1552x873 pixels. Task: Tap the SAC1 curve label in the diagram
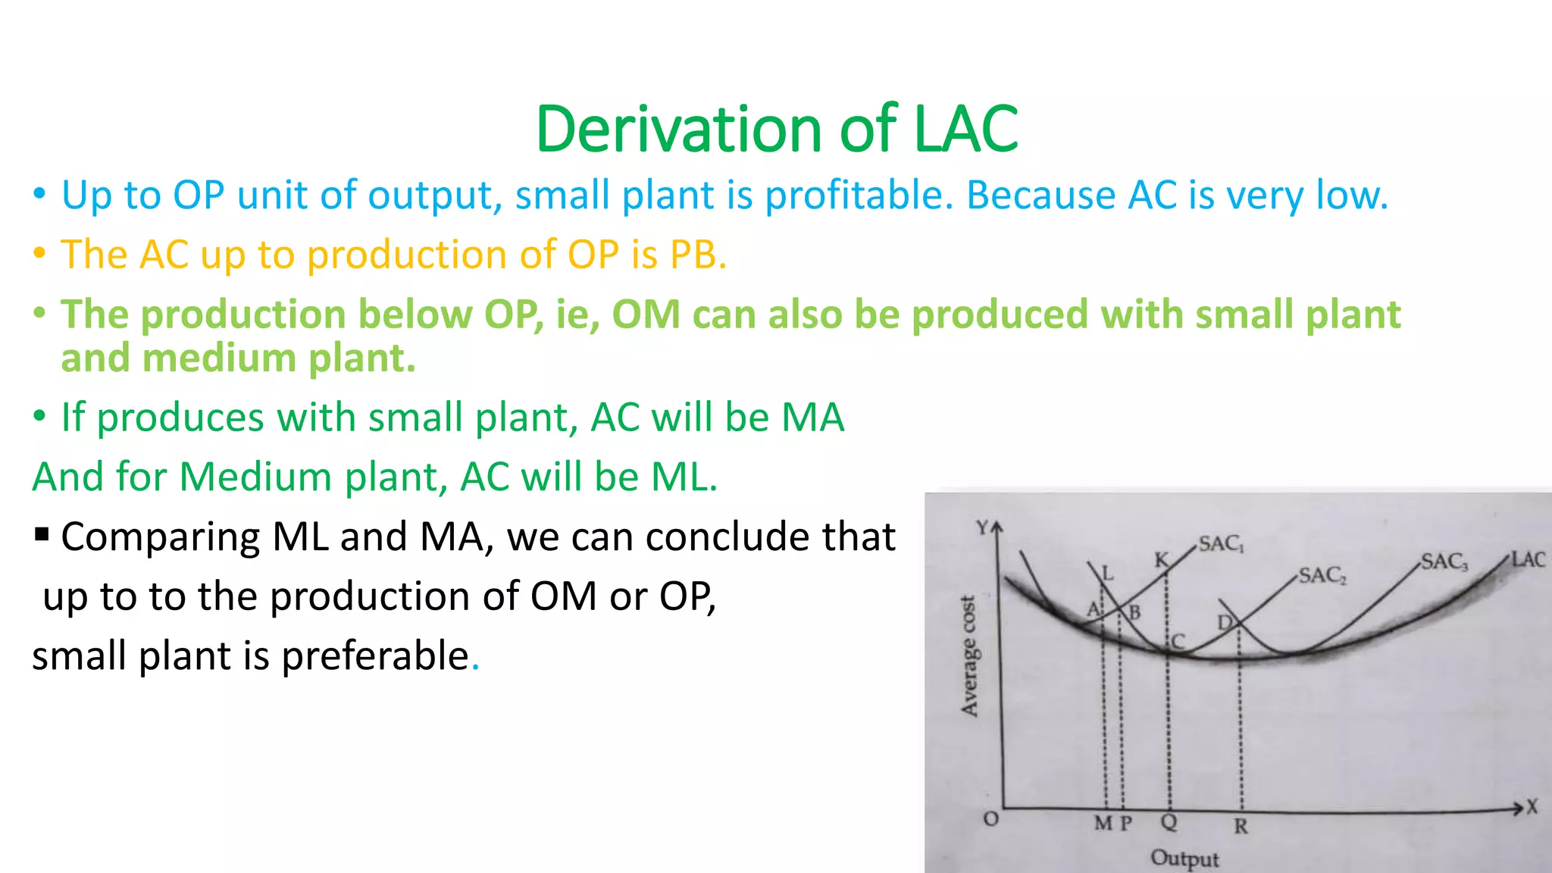click(1221, 544)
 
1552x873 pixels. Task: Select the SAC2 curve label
click(1322, 576)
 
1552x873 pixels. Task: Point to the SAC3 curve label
click(1444, 562)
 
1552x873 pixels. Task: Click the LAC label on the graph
click(1528, 559)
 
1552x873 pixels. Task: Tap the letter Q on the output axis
click(1169, 823)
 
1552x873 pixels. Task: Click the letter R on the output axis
click(1241, 826)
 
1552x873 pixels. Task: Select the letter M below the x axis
click(1103, 823)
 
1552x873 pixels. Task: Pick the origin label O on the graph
click(990, 819)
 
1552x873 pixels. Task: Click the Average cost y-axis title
click(969, 656)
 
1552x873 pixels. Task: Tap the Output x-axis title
click(1184, 859)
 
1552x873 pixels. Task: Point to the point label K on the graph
click(1161, 560)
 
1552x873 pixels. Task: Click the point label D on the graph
click(1225, 623)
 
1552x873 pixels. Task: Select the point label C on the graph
click(1178, 642)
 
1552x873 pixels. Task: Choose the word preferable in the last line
click(375, 656)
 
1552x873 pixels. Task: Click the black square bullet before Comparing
click(42, 535)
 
